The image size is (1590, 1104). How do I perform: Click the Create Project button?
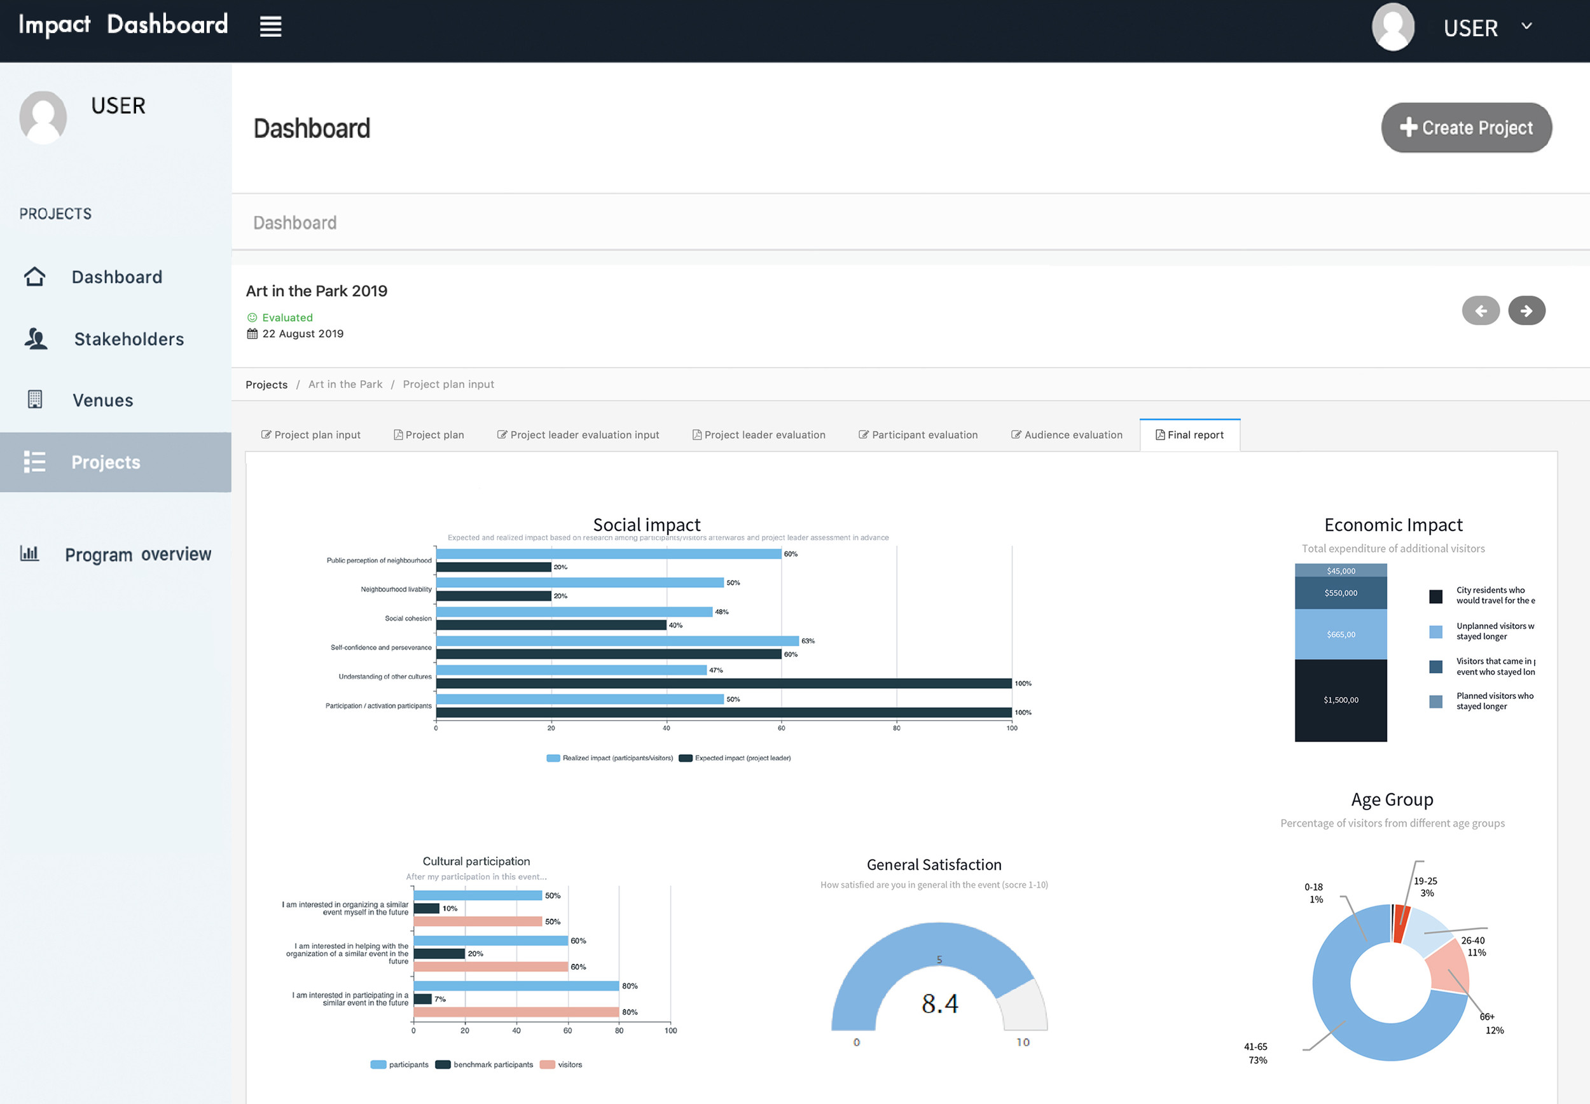tap(1466, 128)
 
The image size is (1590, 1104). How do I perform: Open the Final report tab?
tap(1189, 435)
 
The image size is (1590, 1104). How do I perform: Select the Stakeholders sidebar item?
tap(128, 339)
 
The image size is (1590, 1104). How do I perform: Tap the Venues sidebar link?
tap(102, 401)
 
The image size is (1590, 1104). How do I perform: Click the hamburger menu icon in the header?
tap(270, 27)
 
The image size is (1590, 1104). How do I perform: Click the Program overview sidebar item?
tap(137, 554)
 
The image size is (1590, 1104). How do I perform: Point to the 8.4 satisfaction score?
tap(939, 1003)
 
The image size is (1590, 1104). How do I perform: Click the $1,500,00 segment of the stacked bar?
tap(1340, 700)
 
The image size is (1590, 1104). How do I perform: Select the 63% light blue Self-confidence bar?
tap(617, 641)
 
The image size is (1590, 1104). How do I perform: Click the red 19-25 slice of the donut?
tap(1401, 923)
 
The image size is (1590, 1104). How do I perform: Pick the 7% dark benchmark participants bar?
tap(422, 999)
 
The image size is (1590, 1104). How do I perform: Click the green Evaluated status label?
tap(287, 317)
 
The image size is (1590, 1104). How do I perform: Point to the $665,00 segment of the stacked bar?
tap(1340, 634)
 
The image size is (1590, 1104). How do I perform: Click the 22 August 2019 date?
tap(302, 333)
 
